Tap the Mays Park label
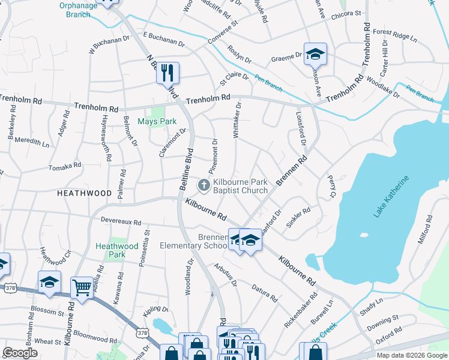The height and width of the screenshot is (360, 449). (x=157, y=121)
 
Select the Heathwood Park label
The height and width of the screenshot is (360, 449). (x=117, y=250)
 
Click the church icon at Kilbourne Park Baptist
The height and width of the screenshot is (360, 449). (x=203, y=185)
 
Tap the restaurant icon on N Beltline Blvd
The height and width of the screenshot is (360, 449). (x=167, y=73)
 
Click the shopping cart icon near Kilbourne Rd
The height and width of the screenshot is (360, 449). (x=81, y=287)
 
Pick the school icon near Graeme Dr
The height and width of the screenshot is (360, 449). (x=315, y=54)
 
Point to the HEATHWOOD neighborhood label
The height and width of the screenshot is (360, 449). (x=85, y=193)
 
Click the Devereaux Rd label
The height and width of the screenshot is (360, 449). (x=121, y=221)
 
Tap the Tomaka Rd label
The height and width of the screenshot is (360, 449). (x=64, y=167)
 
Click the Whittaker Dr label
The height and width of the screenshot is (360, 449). (x=237, y=121)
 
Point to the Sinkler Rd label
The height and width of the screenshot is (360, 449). (x=298, y=219)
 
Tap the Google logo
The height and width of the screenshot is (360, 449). (x=20, y=353)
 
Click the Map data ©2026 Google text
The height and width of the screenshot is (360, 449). (x=411, y=355)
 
